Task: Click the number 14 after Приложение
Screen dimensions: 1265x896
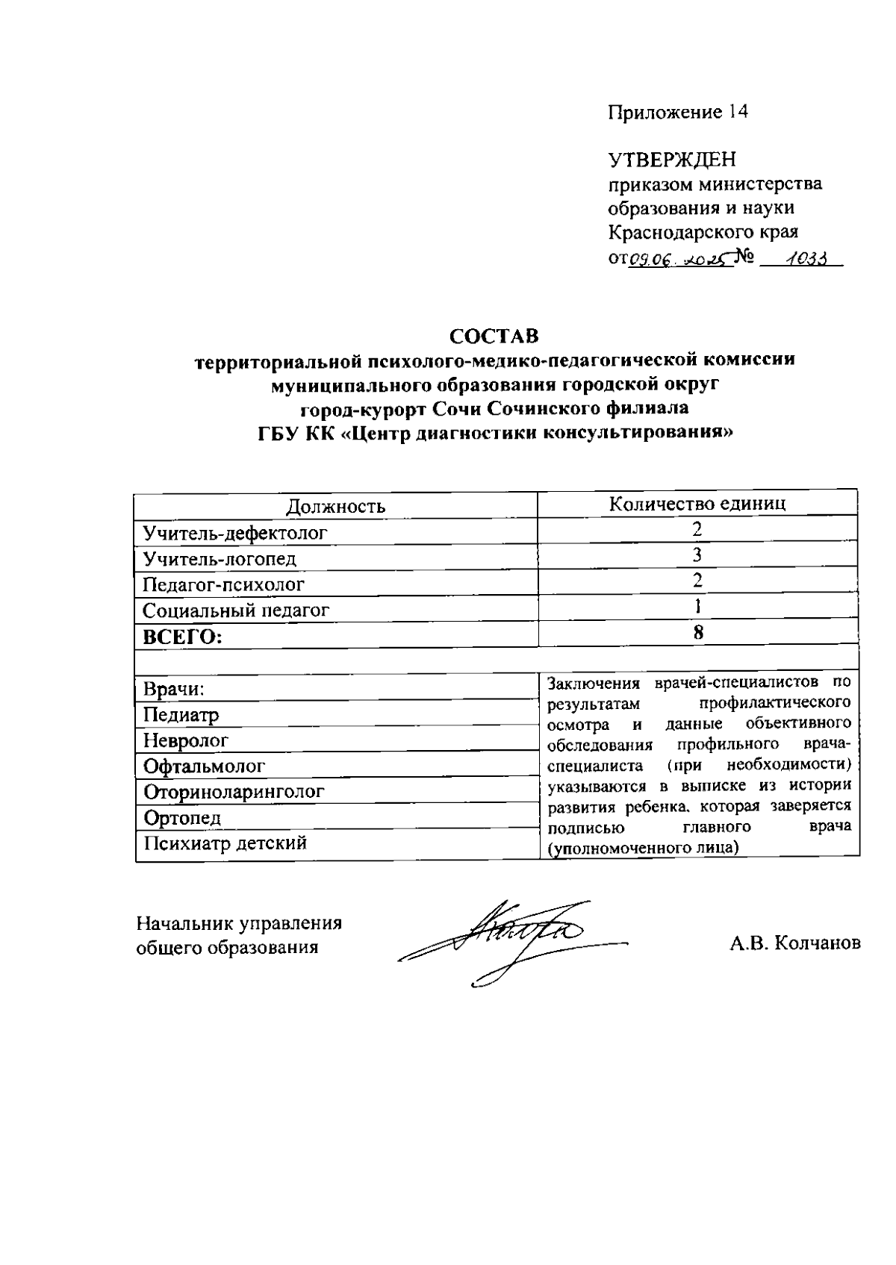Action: (735, 112)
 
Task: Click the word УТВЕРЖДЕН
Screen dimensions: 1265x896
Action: (672, 160)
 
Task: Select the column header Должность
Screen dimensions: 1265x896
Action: (336, 507)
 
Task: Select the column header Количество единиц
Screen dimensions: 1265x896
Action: (697, 503)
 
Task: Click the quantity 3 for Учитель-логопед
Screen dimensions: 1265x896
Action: (697, 555)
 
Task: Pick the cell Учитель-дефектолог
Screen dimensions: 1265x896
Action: (235, 533)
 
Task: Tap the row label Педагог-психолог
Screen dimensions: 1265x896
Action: (223, 584)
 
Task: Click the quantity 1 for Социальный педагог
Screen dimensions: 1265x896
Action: (697, 606)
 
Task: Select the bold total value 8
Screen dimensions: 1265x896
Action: (697, 632)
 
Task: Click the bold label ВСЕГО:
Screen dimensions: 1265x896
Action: (183, 637)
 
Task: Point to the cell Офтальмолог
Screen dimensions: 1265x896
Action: (204, 766)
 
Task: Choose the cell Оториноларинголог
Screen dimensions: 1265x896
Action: (234, 792)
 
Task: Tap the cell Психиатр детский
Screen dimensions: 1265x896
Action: (225, 843)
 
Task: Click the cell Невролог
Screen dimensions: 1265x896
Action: (185, 741)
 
